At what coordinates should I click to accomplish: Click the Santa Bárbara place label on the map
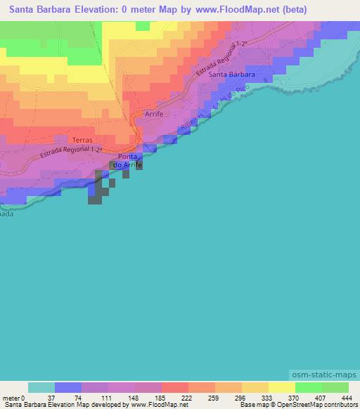231,74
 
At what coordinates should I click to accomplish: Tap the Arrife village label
154,113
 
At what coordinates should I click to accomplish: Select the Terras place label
82,140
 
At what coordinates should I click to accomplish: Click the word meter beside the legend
10,397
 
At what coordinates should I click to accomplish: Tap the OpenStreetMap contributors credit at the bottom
316,405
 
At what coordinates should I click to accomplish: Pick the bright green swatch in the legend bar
308,387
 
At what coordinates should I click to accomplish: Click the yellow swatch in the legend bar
281,387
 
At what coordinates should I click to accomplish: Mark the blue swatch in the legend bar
68,387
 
